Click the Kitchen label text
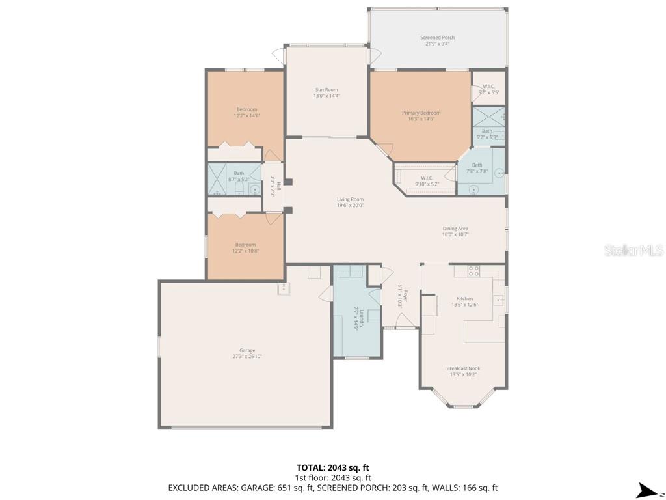click(x=464, y=298)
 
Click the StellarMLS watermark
click(x=633, y=250)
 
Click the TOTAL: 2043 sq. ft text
click(x=332, y=467)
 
